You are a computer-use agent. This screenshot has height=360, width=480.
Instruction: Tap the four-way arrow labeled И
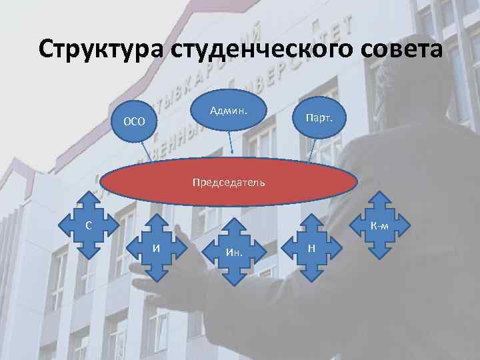156,249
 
